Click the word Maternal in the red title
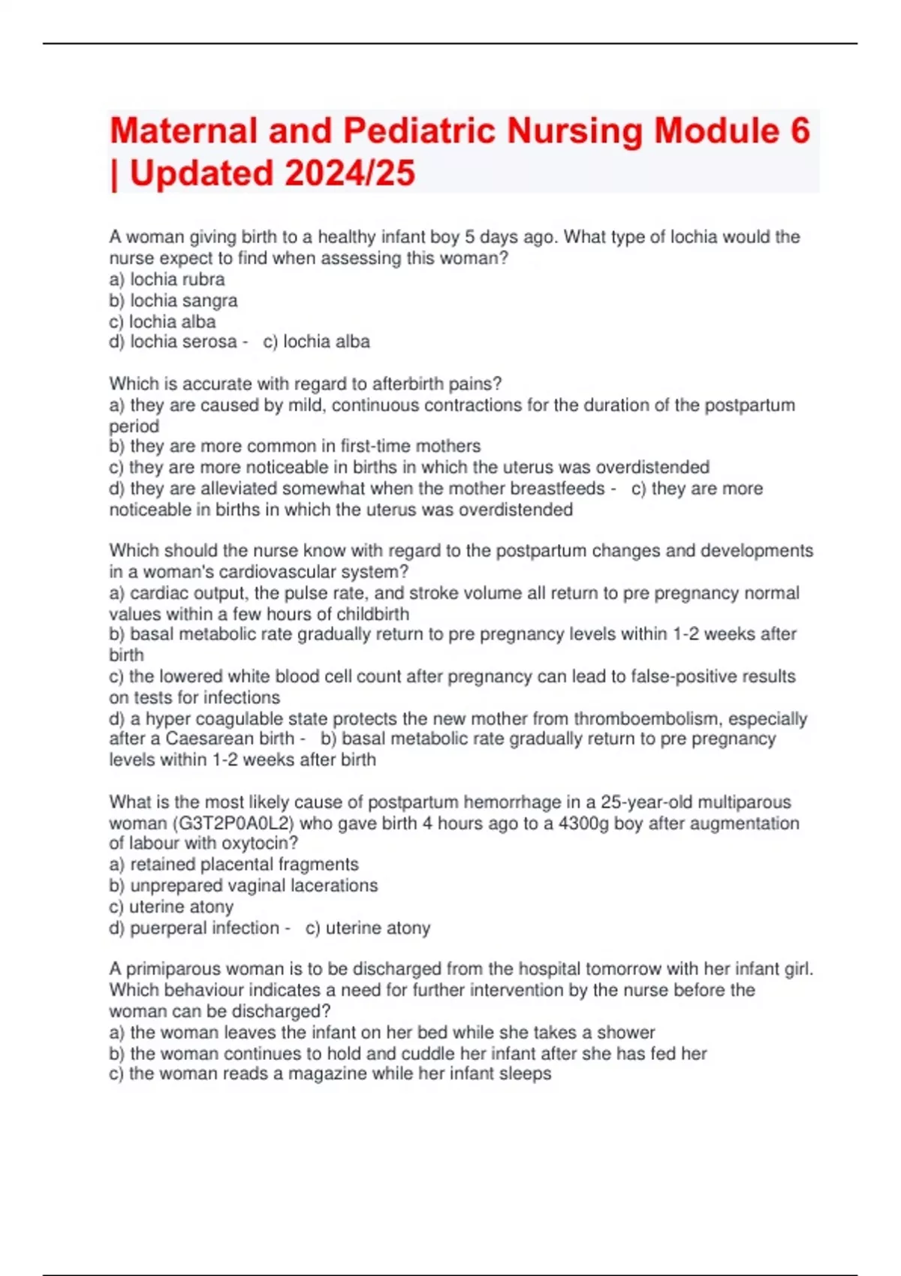[x=184, y=131]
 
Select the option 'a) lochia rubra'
[x=167, y=279]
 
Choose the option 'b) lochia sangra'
[x=173, y=300]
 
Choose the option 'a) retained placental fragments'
[x=234, y=864]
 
